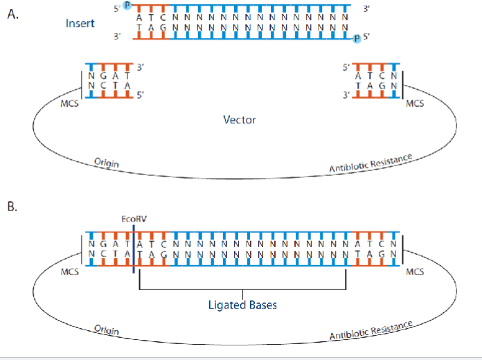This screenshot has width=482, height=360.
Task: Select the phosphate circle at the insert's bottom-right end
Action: click(x=357, y=39)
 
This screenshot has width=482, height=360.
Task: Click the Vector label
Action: click(x=240, y=120)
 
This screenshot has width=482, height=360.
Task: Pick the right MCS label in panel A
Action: click(x=416, y=104)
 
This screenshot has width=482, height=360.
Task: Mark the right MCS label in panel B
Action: click(x=416, y=271)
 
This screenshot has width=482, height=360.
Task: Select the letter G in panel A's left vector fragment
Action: click(x=104, y=77)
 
